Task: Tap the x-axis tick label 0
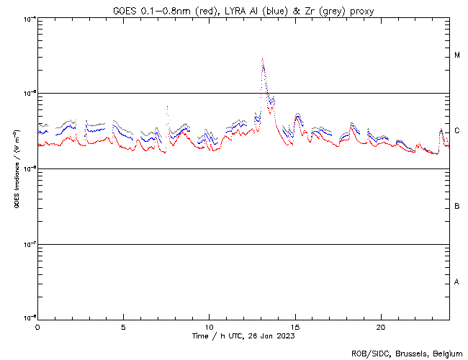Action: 37,326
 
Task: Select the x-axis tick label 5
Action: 123,326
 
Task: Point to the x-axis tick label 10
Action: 209,326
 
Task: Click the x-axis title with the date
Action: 243,336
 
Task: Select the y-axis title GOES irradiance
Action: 16,168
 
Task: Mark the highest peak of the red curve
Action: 262,59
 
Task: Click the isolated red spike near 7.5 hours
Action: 167,107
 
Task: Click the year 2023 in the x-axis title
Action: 285,336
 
